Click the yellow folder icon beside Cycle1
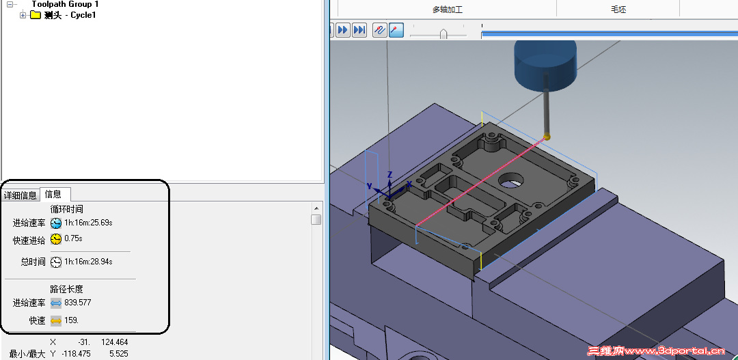click(x=36, y=15)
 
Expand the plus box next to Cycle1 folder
click(x=23, y=15)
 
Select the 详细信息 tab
click(x=20, y=195)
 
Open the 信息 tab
click(x=53, y=194)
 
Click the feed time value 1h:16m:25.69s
click(x=88, y=223)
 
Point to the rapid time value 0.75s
click(x=73, y=238)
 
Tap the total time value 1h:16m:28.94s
click(x=88, y=262)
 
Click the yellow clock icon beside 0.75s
click(x=56, y=239)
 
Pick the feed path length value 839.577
click(x=78, y=303)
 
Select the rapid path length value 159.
click(x=72, y=320)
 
